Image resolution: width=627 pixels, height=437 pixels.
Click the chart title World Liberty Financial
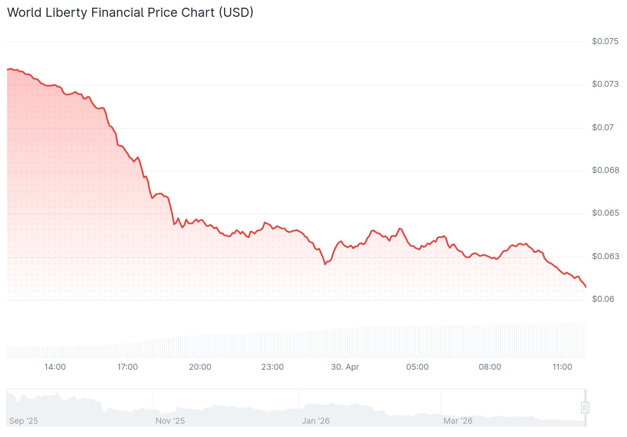(130, 13)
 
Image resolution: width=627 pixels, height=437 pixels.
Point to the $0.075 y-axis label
(605, 41)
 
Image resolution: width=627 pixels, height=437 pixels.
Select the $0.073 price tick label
(605, 84)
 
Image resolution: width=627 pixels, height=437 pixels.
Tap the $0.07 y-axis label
(602, 127)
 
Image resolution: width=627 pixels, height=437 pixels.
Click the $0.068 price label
(605, 170)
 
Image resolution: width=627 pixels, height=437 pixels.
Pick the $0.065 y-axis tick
(605, 213)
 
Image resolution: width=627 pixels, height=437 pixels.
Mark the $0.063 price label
(605, 256)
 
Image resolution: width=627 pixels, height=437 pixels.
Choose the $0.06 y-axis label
(603, 299)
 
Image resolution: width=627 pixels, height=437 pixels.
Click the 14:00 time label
(55, 367)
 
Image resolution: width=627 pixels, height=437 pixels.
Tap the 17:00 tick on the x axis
(127, 367)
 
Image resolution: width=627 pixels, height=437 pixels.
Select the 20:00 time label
(200, 367)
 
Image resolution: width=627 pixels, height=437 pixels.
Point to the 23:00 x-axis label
(272, 367)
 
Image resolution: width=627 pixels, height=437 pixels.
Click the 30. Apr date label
(345, 367)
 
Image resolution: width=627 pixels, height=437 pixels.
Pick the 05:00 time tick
(417, 367)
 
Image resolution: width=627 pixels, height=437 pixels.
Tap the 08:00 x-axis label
(490, 367)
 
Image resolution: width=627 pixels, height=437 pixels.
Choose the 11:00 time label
(562, 367)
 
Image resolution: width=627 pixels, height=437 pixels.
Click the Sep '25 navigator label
(23, 421)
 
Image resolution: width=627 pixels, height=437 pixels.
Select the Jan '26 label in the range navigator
(316, 421)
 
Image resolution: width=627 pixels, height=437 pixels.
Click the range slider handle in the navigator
(585, 408)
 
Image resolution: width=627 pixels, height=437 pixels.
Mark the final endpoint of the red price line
(586, 287)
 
